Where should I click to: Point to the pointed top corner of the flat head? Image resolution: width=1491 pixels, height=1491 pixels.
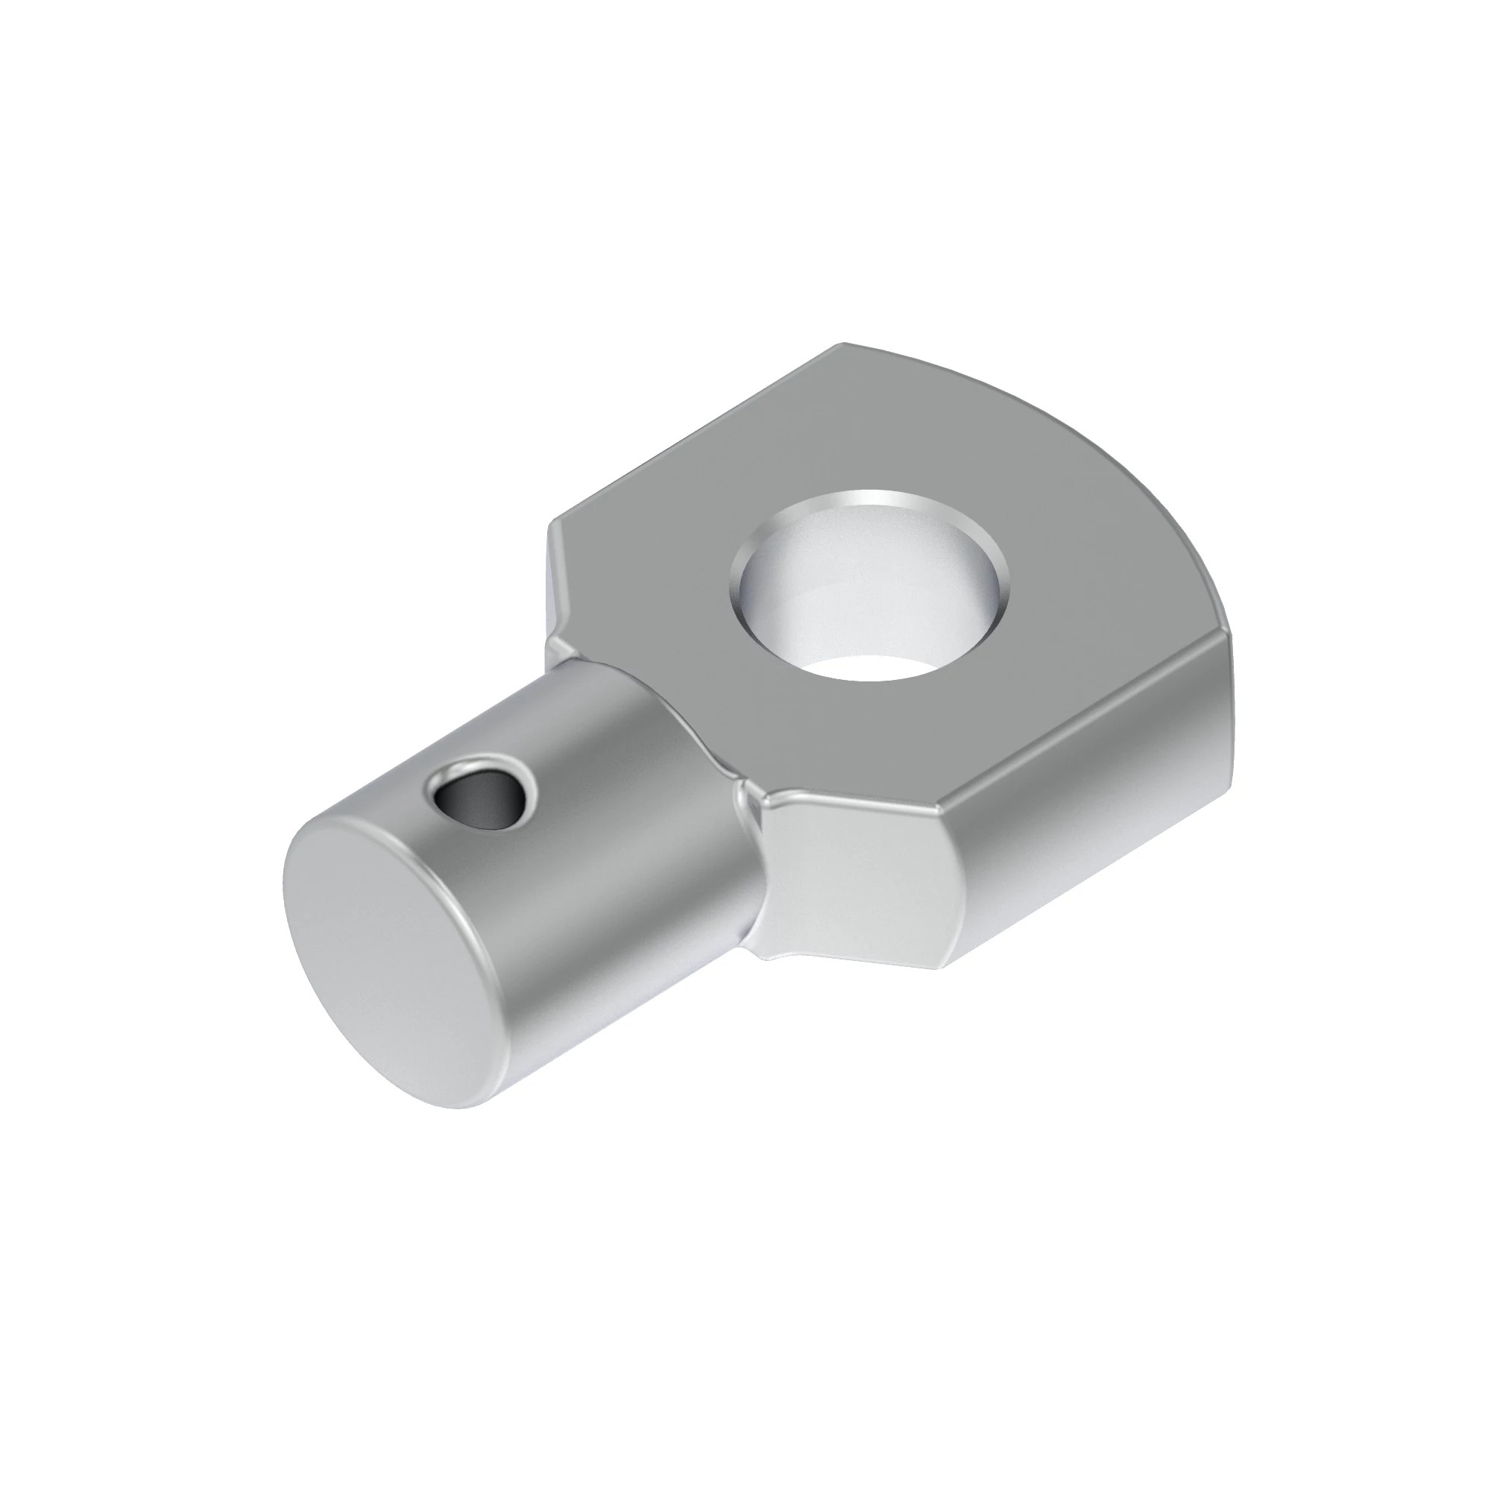(845, 344)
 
